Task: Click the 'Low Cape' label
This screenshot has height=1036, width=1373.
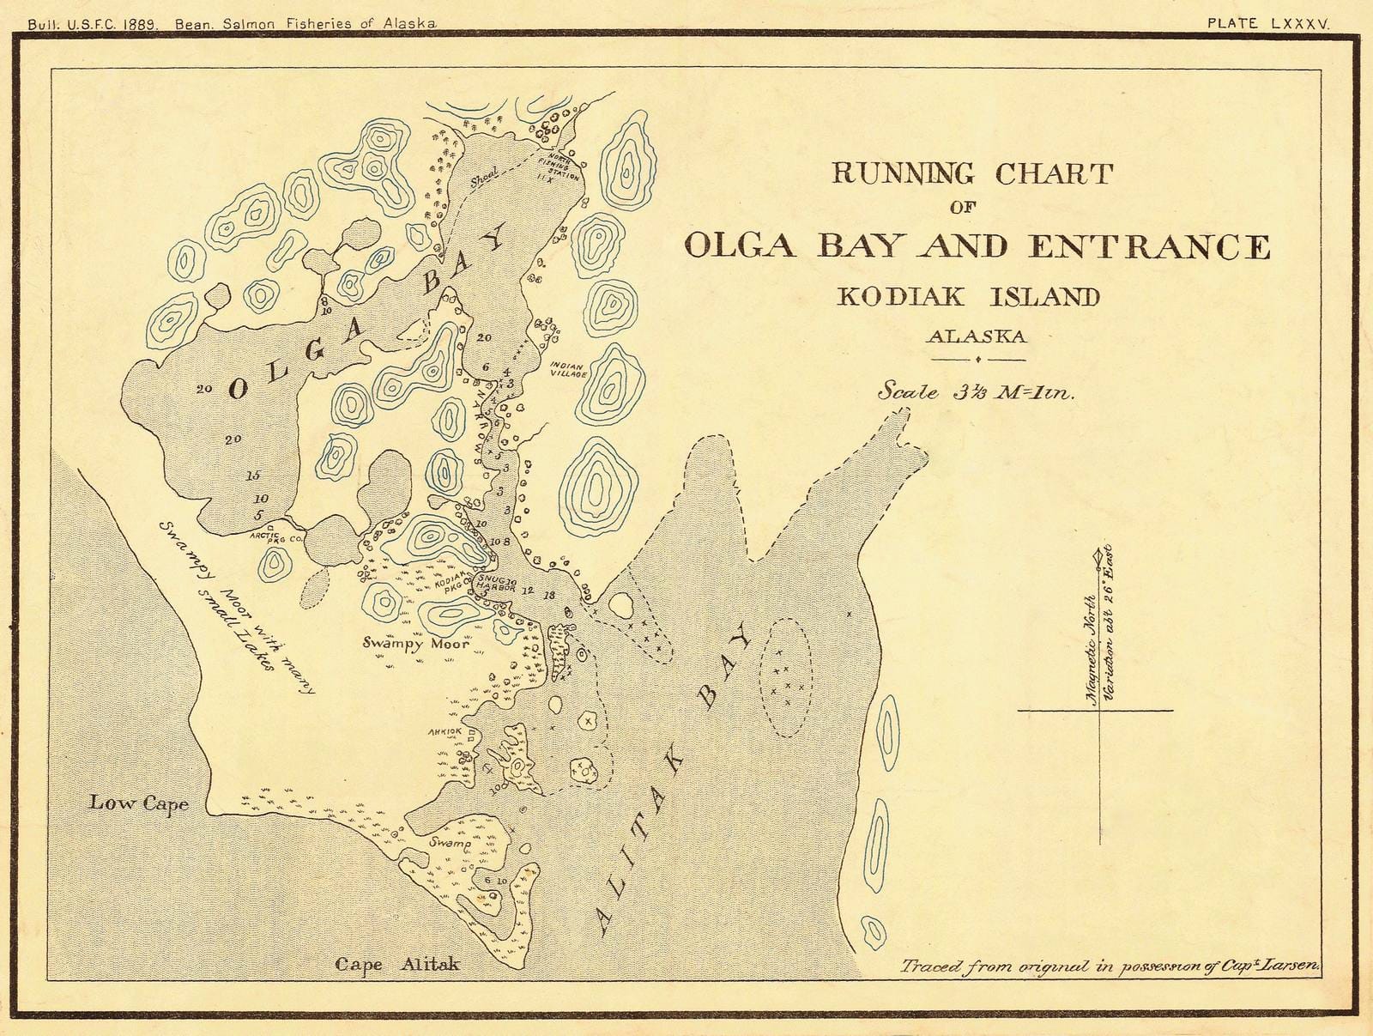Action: pyautogui.click(x=138, y=803)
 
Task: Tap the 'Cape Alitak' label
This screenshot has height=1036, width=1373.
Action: pyautogui.click(x=396, y=964)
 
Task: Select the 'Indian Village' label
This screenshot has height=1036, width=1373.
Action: pyautogui.click(x=569, y=369)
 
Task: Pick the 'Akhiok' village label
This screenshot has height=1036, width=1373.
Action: pyautogui.click(x=445, y=731)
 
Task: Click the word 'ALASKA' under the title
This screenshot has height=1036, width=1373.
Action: pyautogui.click(x=976, y=336)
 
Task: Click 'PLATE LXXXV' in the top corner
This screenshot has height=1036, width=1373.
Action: pyautogui.click(x=1267, y=24)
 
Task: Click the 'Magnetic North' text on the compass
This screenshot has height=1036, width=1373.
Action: pyautogui.click(x=1091, y=648)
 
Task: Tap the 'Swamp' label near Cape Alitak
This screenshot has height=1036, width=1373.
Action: pyautogui.click(x=450, y=845)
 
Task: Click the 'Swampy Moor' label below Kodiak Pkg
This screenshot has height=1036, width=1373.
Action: pyautogui.click(x=416, y=642)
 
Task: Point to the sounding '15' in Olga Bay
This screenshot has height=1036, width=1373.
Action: pyautogui.click(x=253, y=475)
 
